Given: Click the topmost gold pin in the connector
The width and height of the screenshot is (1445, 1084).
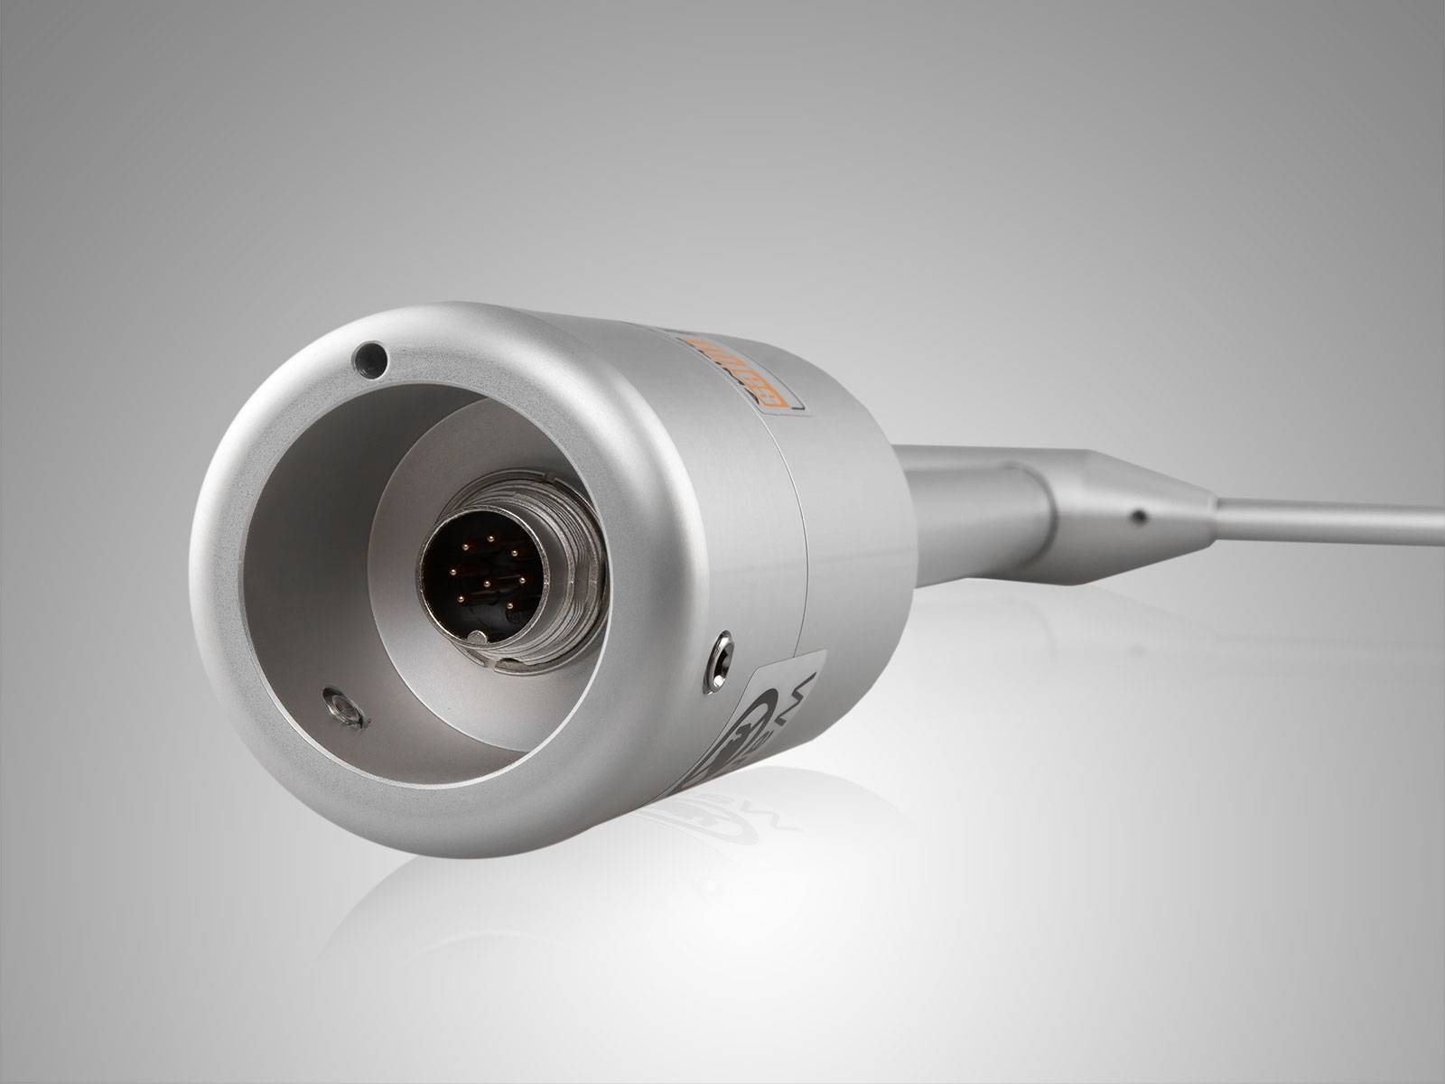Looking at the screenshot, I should click(x=490, y=538).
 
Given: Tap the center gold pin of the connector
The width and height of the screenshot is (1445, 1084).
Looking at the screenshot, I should click(x=488, y=584).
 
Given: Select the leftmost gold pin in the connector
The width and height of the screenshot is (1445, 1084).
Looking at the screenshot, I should click(x=453, y=572).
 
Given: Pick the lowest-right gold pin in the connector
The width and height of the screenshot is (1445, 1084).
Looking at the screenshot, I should click(x=510, y=605).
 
